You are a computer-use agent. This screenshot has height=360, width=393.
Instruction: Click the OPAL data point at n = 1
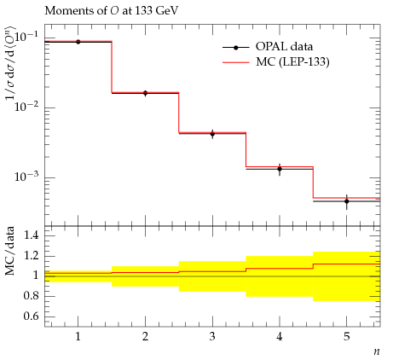pos(78,42)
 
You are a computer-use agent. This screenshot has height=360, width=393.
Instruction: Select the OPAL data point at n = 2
pos(145,93)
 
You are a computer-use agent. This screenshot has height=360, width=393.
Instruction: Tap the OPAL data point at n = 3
pos(212,134)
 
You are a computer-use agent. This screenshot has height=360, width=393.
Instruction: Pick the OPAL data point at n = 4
pos(280,169)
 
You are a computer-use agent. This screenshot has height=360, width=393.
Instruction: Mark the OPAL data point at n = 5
pos(347,201)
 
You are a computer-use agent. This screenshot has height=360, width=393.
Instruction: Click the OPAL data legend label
pos(284,47)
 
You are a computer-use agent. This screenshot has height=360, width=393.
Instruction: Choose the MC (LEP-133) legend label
pos(292,62)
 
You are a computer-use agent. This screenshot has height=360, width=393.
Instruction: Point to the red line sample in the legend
pos(236,62)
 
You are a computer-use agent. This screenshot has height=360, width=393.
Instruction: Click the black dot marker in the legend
pos(236,48)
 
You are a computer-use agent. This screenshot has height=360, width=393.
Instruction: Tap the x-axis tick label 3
pos(212,337)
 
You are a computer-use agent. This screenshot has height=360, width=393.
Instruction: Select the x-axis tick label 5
pos(347,337)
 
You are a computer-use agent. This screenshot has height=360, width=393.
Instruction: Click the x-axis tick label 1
pos(78,337)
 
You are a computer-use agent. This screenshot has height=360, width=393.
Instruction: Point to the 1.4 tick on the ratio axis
pos(31,235)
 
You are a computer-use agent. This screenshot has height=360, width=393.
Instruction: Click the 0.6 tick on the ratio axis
pos(31,316)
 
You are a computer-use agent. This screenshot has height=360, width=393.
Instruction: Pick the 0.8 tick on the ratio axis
pos(31,296)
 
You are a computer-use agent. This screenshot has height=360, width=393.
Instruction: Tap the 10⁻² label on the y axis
pos(26,107)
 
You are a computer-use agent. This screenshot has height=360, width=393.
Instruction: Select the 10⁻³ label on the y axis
pos(26,177)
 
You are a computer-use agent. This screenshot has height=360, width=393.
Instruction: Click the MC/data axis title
pos(10,251)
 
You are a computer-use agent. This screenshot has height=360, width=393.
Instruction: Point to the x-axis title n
pos(377,351)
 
